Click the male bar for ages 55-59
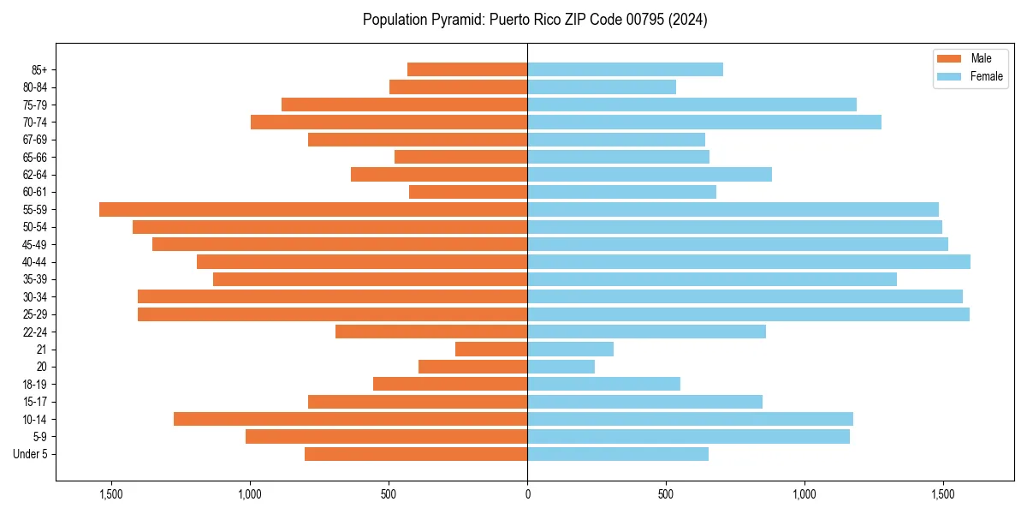point(313,209)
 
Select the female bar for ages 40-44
point(749,261)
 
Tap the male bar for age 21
point(491,349)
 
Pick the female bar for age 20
point(561,367)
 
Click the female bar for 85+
point(625,69)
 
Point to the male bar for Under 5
point(416,454)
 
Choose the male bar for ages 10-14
point(350,419)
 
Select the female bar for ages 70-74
point(704,122)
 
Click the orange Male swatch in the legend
point(950,58)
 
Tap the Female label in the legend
point(987,76)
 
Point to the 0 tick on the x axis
point(527,494)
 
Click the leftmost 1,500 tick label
point(111,494)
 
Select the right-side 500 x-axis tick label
point(666,494)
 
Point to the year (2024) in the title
point(686,20)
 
